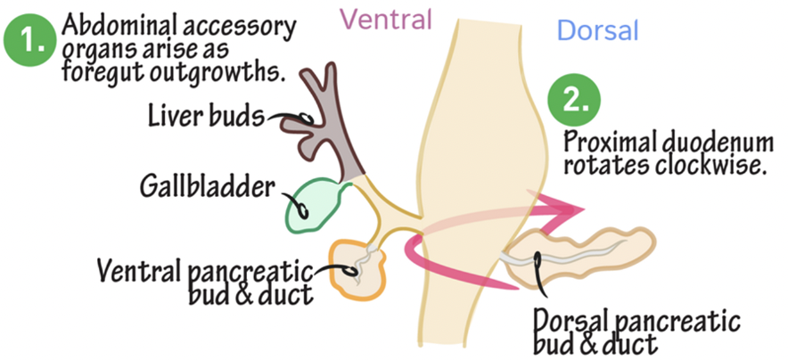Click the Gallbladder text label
click(207, 187)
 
